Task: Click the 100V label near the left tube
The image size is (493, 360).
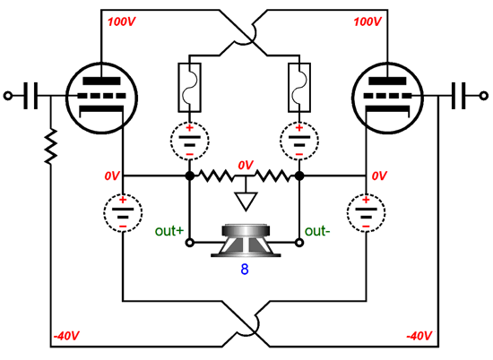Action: [122, 22]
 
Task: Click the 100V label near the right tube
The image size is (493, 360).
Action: [368, 22]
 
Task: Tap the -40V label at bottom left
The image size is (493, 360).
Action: [66, 336]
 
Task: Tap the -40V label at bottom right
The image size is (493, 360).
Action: [419, 336]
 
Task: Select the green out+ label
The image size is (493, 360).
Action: [169, 231]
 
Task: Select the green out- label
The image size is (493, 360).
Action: [317, 231]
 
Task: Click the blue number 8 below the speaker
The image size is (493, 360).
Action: [245, 270]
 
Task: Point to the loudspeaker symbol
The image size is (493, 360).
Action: [246, 240]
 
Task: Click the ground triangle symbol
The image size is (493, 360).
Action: [246, 201]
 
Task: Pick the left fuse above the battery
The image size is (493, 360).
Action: [189, 88]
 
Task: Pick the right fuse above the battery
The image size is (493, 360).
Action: [299, 88]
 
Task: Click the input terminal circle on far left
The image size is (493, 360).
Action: [8, 96]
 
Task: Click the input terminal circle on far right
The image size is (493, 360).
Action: [484, 96]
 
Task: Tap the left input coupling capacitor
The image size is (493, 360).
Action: [30, 96]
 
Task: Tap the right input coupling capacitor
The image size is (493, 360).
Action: [458, 96]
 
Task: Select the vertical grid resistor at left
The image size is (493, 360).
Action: [50, 146]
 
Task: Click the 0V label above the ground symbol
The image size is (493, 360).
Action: [246, 165]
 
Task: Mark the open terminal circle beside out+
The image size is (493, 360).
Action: [190, 243]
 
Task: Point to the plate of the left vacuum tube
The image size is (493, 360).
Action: [101, 81]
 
